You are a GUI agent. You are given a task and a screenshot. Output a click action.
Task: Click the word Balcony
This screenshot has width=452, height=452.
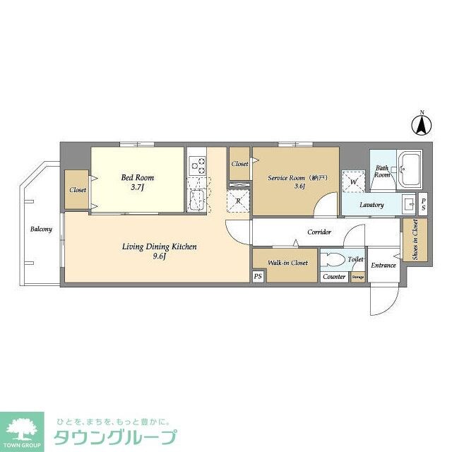click(x=41, y=229)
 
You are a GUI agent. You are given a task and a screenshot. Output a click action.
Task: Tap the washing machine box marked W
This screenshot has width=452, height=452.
click(x=352, y=182)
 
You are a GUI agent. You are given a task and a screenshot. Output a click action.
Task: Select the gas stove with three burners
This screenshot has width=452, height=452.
click(x=197, y=166)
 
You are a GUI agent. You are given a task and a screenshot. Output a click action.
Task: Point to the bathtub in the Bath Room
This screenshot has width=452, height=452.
click(x=409, y=169)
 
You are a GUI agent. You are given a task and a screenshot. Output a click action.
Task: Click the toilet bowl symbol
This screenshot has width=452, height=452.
click(x=333, y=258)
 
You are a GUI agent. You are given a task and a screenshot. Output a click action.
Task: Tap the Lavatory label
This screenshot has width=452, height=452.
click(x=371, y=206)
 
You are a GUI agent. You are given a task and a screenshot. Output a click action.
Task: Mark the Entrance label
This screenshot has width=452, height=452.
click(x=383, y=266)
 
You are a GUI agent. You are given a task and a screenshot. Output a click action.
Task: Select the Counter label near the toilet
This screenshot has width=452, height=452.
click(x=334, y=277)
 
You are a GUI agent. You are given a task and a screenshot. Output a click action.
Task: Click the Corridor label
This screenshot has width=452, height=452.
click(x=319, y=232)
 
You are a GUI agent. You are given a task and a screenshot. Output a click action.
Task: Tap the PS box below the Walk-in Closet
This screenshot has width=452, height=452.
click(x=258, y=276)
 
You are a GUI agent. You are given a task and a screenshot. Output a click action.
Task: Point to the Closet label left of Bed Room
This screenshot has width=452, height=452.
click(x=77, y=190)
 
